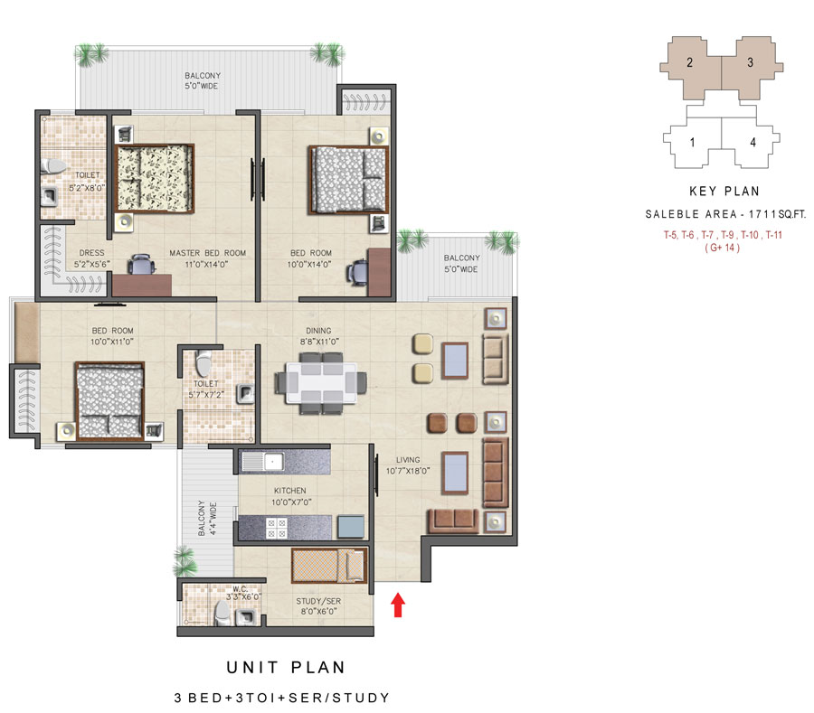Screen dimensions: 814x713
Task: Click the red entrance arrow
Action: [398, 605]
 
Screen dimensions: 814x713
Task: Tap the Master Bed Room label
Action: [208, 253]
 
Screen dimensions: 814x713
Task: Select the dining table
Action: [321, 383]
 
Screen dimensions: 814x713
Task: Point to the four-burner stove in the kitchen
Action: [277, 529]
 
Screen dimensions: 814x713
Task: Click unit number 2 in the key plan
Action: [689, 62]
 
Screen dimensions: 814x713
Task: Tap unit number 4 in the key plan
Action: [752, 142]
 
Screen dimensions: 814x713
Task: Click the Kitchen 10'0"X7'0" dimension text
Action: [291, 502]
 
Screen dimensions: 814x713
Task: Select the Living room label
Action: [408, 459]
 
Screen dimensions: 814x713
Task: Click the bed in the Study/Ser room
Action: [329, 565]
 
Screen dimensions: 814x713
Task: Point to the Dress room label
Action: [92, 252]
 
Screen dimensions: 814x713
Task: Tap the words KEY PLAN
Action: [724, 192]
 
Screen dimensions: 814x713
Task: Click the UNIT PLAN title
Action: [286, 668]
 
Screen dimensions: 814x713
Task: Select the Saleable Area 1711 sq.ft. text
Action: [725, 213]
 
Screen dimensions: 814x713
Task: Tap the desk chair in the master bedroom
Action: [141, 265]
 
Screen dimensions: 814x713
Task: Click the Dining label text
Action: [318, 331]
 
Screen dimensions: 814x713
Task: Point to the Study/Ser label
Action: [318, 601]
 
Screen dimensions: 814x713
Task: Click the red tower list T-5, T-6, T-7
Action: [724, 235]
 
